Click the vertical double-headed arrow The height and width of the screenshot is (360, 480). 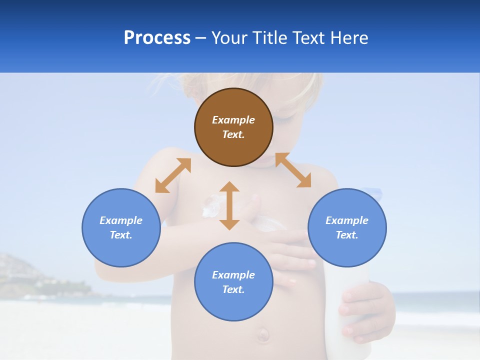click(229, 205)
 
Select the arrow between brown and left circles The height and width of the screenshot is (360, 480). click(173, 175)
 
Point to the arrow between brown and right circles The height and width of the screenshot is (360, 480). click(293, 170)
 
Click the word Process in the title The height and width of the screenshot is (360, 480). click(157, 38)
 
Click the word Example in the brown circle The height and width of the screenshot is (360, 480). click(233, 120)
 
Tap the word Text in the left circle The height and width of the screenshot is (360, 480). click(121, 235)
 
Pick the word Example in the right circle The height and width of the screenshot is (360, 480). click(347, 220)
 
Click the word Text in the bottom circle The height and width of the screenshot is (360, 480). click(233, 289)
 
